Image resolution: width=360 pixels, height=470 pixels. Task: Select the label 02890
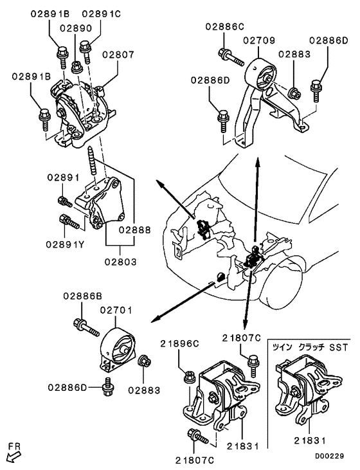pos(76,29)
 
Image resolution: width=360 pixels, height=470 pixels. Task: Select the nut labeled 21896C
pos(190,376)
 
